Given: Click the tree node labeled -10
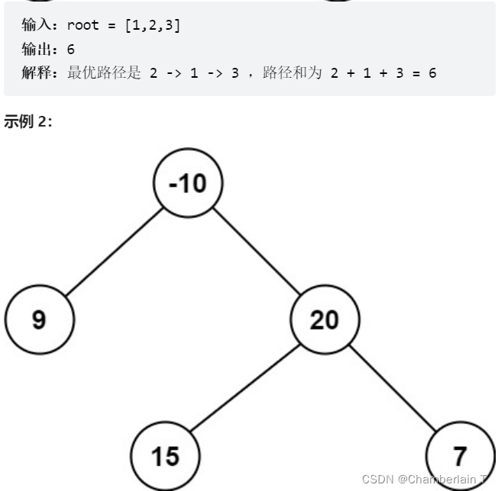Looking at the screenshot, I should [x=187, y=183].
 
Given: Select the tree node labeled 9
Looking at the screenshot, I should [x=39, y=319].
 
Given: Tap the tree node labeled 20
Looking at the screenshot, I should [x=324, y=319].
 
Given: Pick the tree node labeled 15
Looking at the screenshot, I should [x=164, y=456].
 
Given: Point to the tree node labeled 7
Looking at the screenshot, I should [x=459, y=456].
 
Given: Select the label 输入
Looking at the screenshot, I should [x=38, y=25].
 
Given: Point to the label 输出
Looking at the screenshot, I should [x=38, y=50].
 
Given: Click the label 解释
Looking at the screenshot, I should [x=38, y=75].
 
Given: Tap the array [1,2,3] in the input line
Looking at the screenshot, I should [x=152, y=25].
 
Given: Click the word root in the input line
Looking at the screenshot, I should [x=82, y=25].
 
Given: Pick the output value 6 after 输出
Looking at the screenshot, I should [x=71, y=50].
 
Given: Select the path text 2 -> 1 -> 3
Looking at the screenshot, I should [x=194, y=75].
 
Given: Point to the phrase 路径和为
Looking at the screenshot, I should [x=293, y=75].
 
